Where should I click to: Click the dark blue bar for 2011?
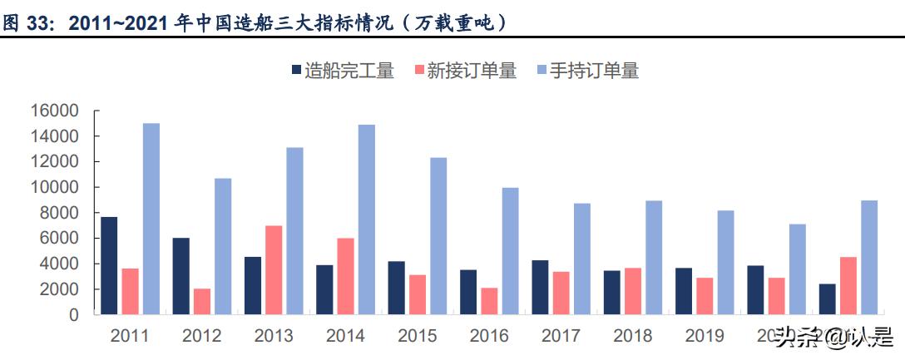(109, 265)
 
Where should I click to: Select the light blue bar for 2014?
(366, 219)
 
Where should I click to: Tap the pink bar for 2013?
(273, 270)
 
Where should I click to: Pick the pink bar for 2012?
(201, 302)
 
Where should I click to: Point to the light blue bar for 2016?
(510, 251)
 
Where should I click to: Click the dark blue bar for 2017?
(540, 288)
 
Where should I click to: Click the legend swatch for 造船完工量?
(296, 71)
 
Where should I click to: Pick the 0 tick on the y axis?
(73, 315)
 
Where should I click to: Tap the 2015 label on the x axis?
(418, 337)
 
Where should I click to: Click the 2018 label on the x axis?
(632, 337)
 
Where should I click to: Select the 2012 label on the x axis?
(201, 337)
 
